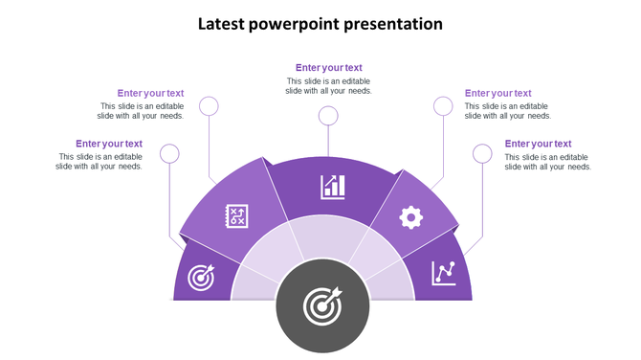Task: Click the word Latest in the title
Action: (220, 24)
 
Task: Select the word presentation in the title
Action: (397, 24)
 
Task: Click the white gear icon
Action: (411, 217)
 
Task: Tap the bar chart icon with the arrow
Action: (333, 186)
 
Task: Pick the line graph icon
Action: (443, 273)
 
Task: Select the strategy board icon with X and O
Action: (236, 216)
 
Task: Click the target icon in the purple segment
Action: (201, 278)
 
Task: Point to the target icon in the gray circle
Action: (322, 306)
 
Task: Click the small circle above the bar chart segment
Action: (328, 116)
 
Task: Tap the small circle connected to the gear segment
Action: (443, 106)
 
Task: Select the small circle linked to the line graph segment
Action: (483, 153)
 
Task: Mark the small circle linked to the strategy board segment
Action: (209, 106)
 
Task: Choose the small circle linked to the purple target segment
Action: (169, 153)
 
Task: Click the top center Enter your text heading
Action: (328, 68)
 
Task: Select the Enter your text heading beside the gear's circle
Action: (497, 93)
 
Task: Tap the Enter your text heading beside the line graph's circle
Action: (538, 144)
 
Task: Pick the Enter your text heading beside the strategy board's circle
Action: (150, 93)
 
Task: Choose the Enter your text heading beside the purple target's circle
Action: (109, 144)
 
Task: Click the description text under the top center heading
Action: (328, 86)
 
